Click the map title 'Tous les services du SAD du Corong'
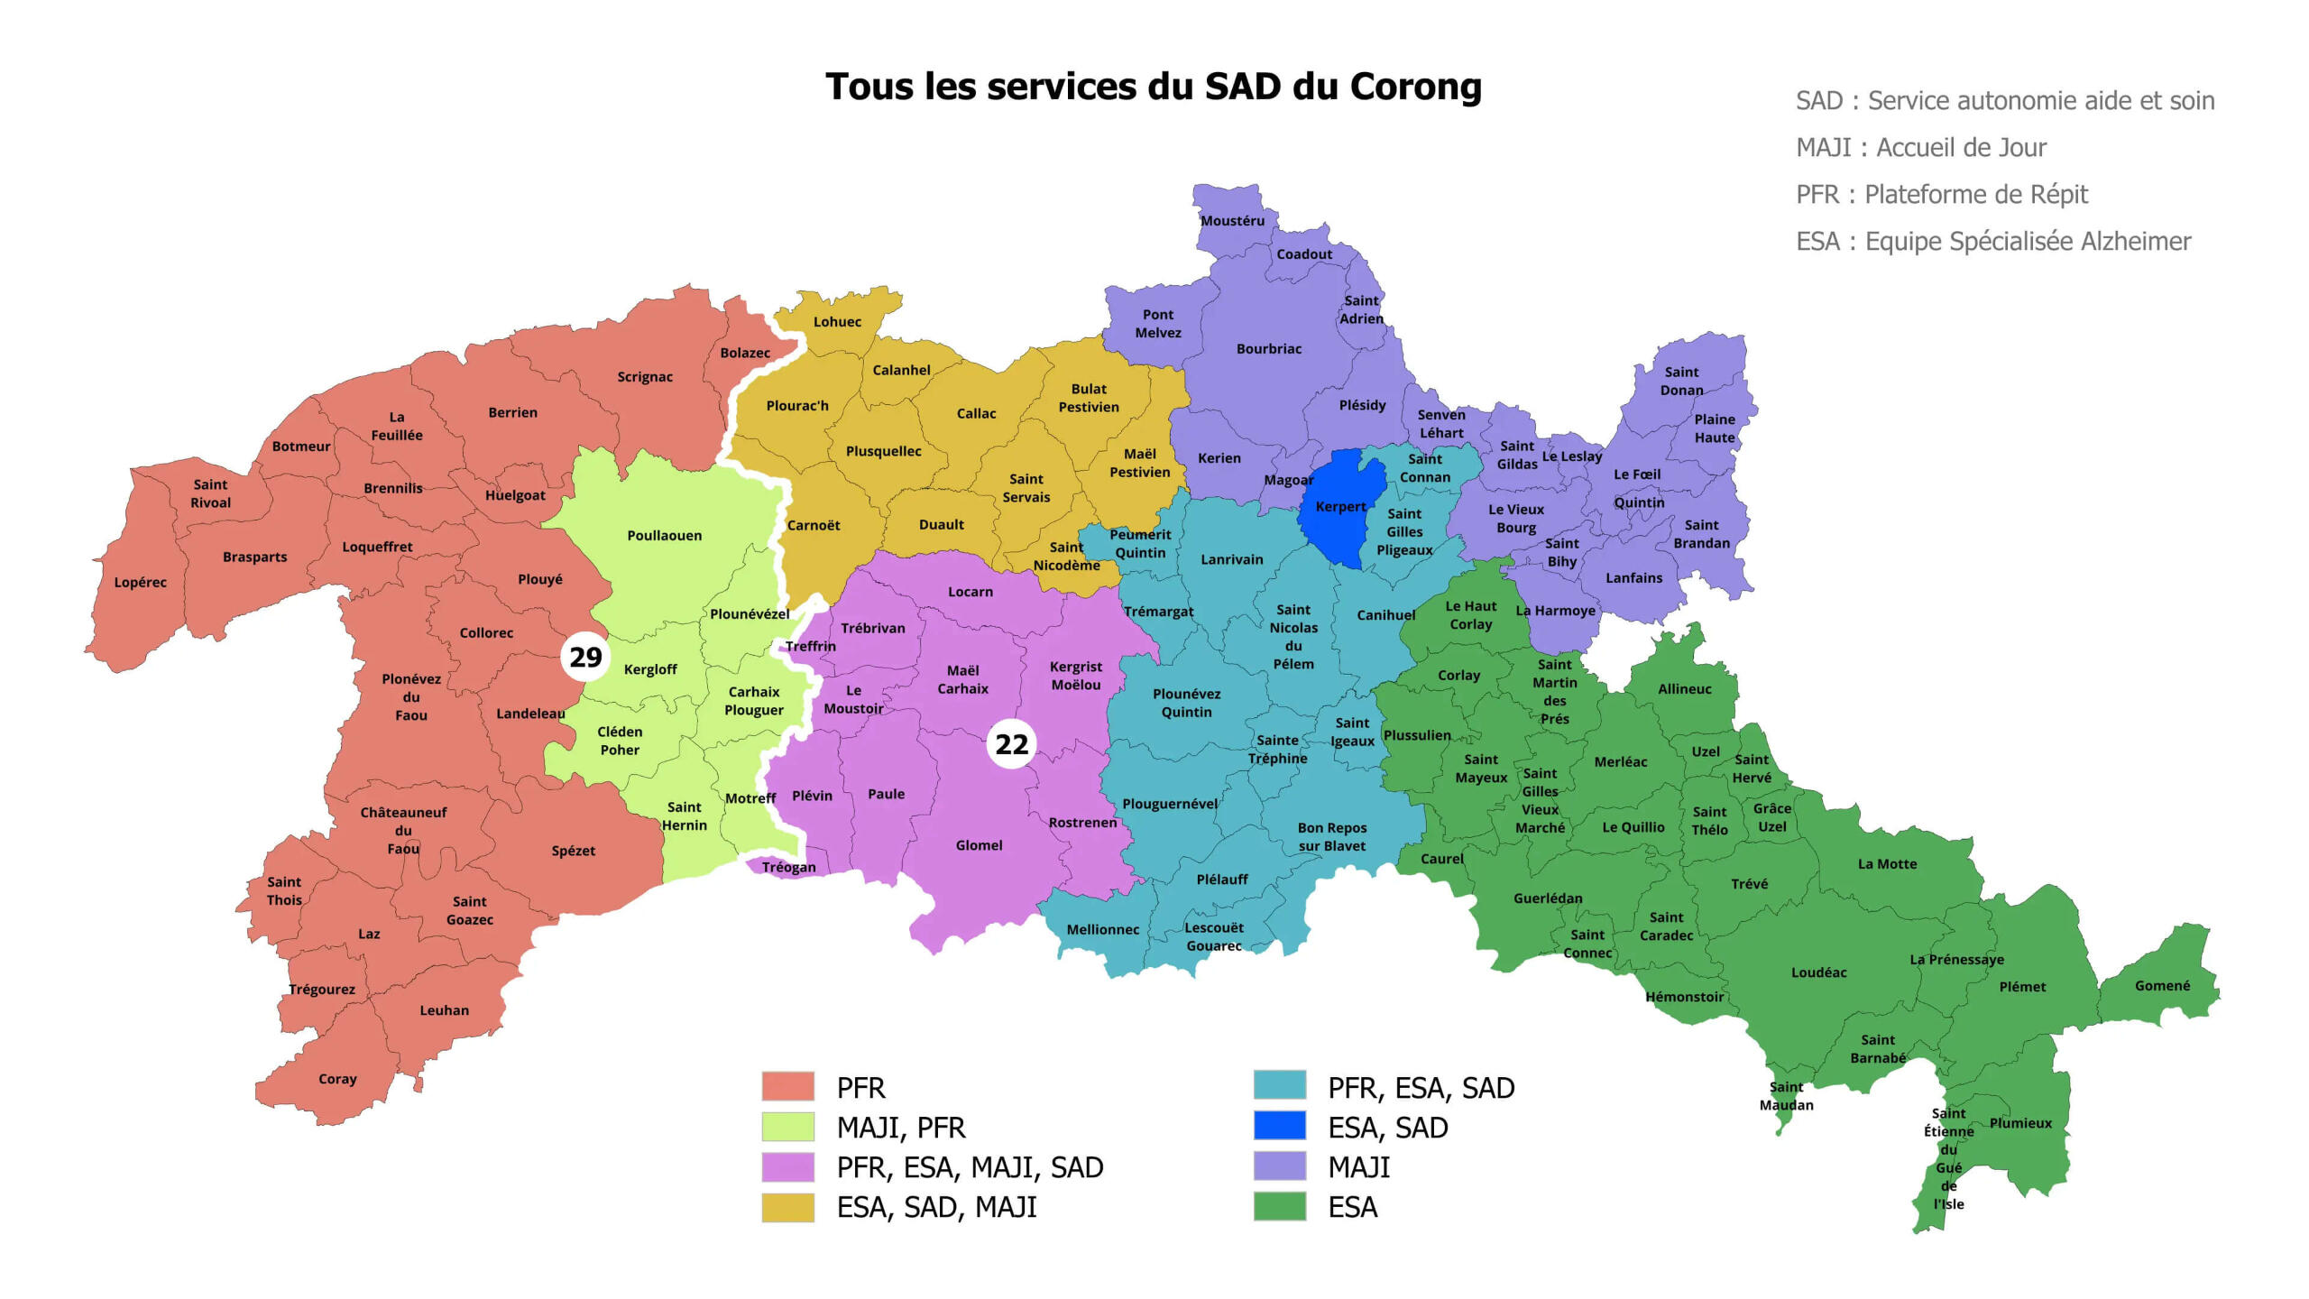coord(1154,88)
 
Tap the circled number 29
coord(585,657)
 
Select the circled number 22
coord(1011,744)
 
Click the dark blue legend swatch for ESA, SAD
coord(1279,1127)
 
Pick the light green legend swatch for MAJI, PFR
coord(787,1127)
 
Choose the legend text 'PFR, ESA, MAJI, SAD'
coord(970,1167)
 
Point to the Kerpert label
coord(1340,507)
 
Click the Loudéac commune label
coord(1818,972)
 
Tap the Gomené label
coord(2162,986)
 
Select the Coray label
coord(337,1079)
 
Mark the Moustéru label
coord(1232,221)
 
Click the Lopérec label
coord(140,583)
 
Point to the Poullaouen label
coord(664,536)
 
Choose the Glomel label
coord(979,845)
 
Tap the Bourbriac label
coord(1268,349)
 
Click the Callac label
coord(976,414)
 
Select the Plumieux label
coord(2020,1123)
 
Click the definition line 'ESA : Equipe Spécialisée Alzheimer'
coord(1993,242)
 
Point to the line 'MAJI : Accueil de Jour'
coord(1921,148)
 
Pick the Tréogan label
coord(788,868)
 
